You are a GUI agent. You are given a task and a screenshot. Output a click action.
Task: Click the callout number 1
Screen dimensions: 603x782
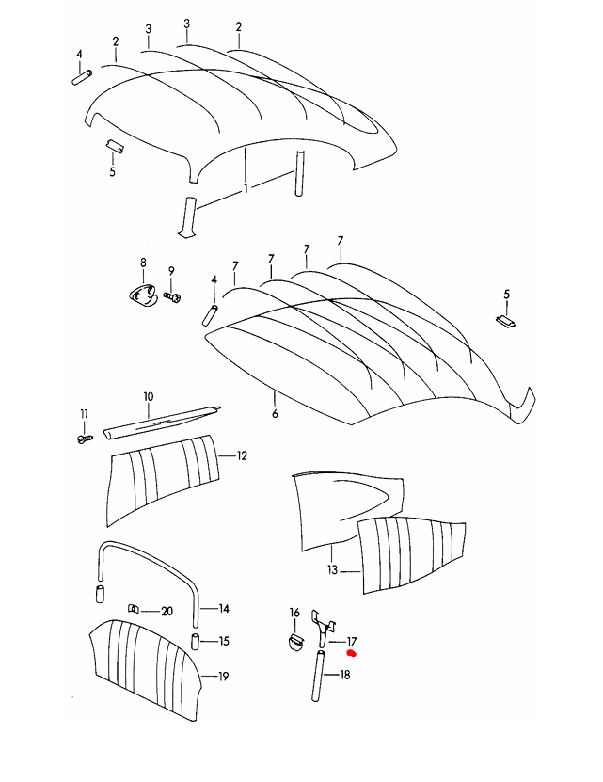point(246,188)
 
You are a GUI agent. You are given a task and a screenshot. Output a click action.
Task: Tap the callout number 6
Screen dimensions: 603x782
point(275,413)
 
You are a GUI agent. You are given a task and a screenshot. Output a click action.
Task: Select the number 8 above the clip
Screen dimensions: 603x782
point(143,263)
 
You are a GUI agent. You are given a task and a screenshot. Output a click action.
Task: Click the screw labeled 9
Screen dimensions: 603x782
point(172,296)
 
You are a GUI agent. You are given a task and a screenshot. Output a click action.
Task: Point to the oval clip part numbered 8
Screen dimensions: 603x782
point(142,294)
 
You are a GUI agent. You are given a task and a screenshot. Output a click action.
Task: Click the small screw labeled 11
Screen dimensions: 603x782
point(85,439)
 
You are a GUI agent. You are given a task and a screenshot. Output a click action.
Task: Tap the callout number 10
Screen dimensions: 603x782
point(149,397)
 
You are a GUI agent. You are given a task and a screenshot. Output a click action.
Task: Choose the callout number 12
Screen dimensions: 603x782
point(242,455)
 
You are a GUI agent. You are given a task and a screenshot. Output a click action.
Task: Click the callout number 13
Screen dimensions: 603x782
point(333,569)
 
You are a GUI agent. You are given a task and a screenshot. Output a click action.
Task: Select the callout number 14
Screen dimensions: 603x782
point(224,609)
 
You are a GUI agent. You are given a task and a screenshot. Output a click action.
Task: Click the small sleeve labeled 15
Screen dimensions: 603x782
point(196,642)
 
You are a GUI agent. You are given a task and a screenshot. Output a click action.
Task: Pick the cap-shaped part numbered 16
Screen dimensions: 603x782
point(295,643)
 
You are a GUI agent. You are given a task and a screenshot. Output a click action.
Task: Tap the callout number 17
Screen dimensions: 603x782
point(352,642)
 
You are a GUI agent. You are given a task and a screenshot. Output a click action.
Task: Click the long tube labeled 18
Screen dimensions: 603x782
point(317,677)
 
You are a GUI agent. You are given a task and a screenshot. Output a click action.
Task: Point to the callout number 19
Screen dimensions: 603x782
point(224,677)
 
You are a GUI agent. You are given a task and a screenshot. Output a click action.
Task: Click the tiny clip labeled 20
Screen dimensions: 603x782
point(134,609)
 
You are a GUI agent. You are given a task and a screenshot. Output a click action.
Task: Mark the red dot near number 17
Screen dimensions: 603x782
point(351,653)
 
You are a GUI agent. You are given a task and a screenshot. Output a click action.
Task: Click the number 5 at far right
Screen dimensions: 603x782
point(507,295)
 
